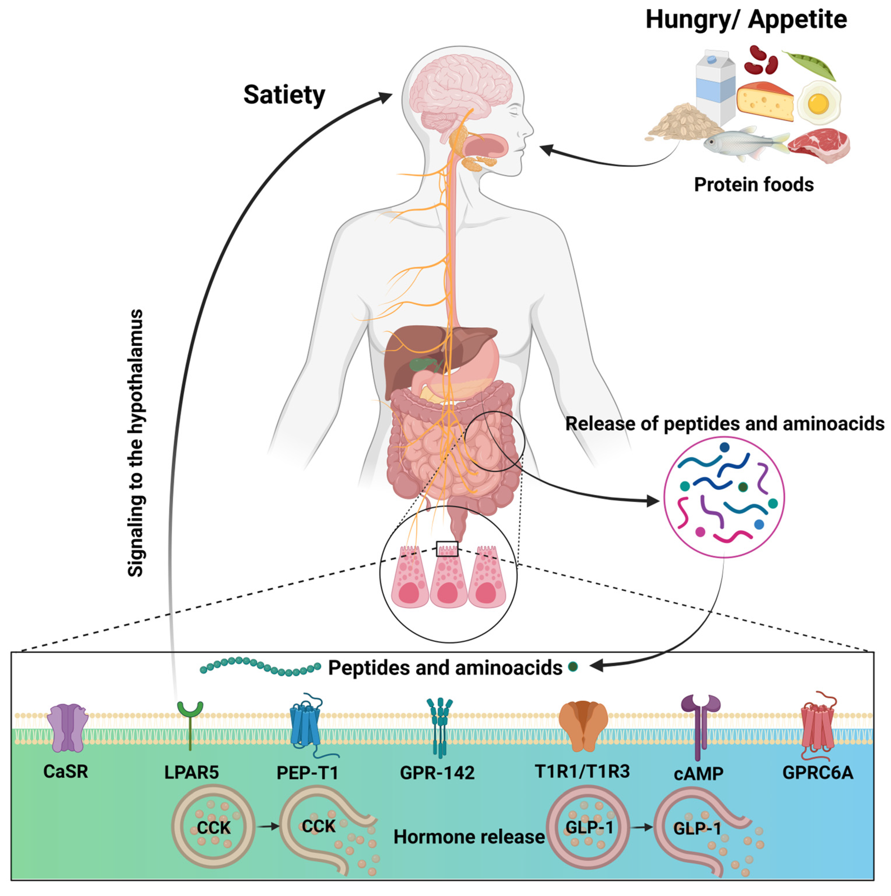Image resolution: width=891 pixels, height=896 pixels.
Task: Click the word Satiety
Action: pyautogui.click(x=284, y=95)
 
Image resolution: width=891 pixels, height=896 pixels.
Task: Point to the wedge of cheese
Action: pyautogui.click(x=765, y=101)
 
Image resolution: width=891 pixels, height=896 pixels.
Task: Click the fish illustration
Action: pyautogui.click(x=742, y=143)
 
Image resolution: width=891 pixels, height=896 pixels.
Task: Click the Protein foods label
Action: pyautogui.click(x=753, y=185)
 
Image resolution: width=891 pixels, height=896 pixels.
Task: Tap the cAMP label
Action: pyautogui.click(x=698, y=774)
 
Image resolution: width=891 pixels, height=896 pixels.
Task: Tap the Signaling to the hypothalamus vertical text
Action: pyautogui.click(x=135, y=443)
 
